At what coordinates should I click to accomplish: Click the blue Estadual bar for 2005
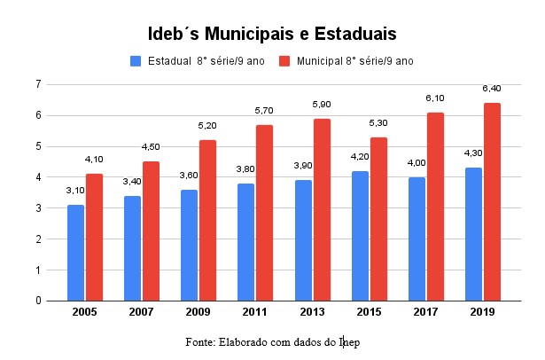pyautogui.click(x=75, y=253)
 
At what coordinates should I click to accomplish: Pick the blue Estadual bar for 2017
pyautogui.click(x=417, y=239)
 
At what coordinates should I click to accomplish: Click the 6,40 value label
pyautogui.click(x=493, y=89)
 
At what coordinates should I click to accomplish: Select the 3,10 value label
pyautogui.click(x=75, y=191)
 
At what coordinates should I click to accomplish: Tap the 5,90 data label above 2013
pyautogui.click(x=322, y=105)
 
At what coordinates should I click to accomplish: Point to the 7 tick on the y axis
pyautogui.click(x=38, y=84)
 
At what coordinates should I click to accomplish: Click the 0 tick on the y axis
pyautogui.click(x=38, y=301)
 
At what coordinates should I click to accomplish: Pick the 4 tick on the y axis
pyautogui.click(x=38, y=177)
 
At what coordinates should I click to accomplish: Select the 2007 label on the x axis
pyautogui.click(x=142, y=313)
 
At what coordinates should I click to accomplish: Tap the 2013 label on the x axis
pyautogui.click(x=312, y=313)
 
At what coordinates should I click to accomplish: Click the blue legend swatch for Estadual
pyautogui.click(x=136, y=61)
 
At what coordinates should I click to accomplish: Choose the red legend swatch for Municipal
pyautogui.click(x=285, y=61)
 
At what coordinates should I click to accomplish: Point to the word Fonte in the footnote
pyautogui.click(x=200, y=341)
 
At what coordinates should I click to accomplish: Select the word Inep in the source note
pyautogui.click(x=349, y=341)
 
